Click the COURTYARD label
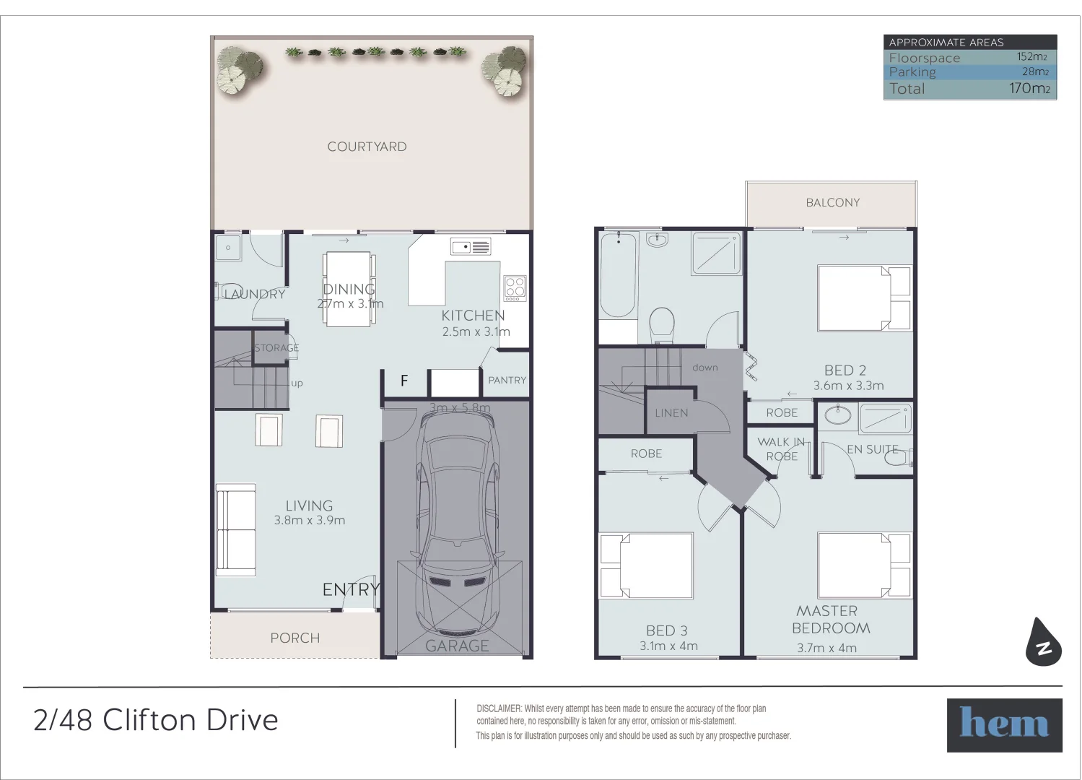click(x=367, y=147)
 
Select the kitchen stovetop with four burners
click(x=515, y=288)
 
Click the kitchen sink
click(x=471, y=247)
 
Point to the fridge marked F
click(x=404, y=381)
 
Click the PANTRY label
click(x=507, y=380)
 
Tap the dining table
click(x=349, y=288)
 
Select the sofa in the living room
click(x=235, y=529)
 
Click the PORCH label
click(x=295, y=638)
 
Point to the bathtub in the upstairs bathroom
click(x=618, y=277)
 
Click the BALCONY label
click(x=832, y=203)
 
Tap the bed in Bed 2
click(x=863, y=298)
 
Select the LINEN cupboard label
click(x=671, y=413)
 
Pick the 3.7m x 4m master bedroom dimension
click(x=826, y=648)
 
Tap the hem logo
click(x=1004, y=725)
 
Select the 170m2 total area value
click(x=1029, y=89)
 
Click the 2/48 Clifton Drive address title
click(x=156, y=720)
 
